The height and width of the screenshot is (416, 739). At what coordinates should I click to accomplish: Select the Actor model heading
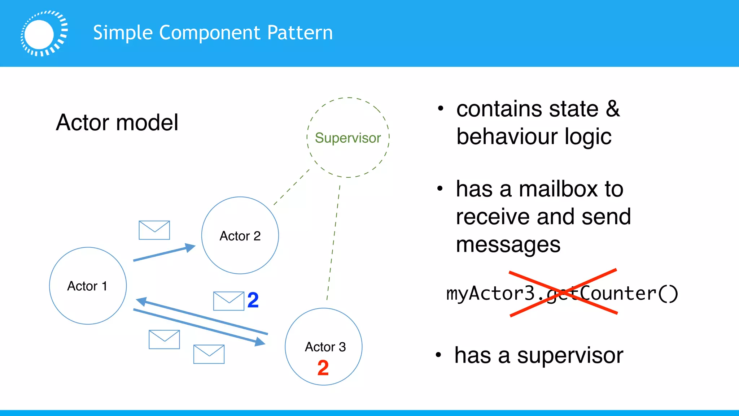[117, 122]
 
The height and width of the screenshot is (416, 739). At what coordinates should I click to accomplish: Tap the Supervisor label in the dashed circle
[348, 138]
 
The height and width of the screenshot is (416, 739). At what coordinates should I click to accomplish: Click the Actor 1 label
[87, 286]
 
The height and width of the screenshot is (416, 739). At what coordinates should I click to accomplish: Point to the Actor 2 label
[240, 236]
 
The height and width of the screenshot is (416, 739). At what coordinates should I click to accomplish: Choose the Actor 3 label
[325, 347]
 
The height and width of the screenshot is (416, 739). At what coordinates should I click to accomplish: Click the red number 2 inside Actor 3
[323, 368]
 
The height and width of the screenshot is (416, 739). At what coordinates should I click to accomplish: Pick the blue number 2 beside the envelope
[253, 300]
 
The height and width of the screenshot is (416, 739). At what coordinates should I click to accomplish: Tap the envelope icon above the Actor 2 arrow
[154, 230]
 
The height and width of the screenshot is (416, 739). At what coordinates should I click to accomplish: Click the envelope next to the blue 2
[229, 301]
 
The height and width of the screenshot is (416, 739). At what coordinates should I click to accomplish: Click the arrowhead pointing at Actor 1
[141, 301]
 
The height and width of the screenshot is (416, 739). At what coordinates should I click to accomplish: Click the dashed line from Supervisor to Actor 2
[292, 187]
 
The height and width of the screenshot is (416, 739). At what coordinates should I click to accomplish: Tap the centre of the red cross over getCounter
[563, 292]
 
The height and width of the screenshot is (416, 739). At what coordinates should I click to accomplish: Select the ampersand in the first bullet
[613, 109]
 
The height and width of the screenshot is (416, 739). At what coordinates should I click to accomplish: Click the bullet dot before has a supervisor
[438, 355]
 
